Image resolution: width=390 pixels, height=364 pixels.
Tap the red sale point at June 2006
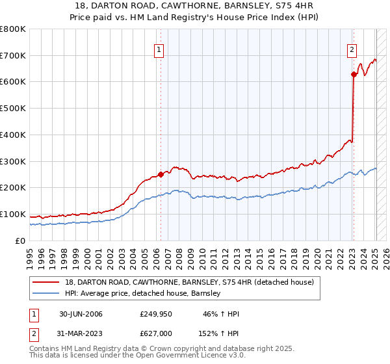pyautogui.click(x=161, y=174)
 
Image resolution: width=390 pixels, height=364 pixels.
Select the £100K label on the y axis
pyautogui.click(x=13, y=214)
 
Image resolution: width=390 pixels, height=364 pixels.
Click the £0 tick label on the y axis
pyautogui.click(x=20, y=240)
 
